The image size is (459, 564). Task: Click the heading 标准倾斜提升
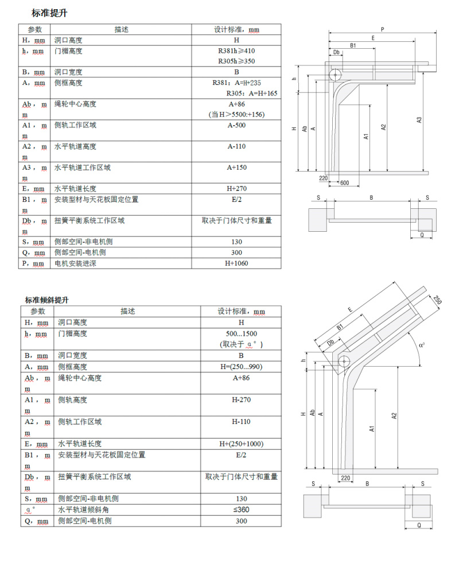tap(48, 299)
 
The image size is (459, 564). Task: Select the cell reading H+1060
tap(236, 263)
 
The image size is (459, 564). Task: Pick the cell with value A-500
tap(236, 125)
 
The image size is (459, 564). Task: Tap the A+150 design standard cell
tap(236, 168)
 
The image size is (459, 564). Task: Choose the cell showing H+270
tap(236, 188)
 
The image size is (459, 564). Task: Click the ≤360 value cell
tap(241, 509)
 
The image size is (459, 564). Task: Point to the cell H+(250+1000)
tap(241, 444)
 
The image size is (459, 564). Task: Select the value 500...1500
tap(241, 333)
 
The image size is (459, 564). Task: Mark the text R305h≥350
tap(236, 61)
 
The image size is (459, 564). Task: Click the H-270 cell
tap(241, 400)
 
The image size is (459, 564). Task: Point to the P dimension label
tap(382, 28)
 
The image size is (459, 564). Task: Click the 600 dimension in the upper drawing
tap(344, 182)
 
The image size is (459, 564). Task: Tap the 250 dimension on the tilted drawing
tap(437, 299)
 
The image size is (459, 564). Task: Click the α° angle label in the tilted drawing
tap(422, 345)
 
